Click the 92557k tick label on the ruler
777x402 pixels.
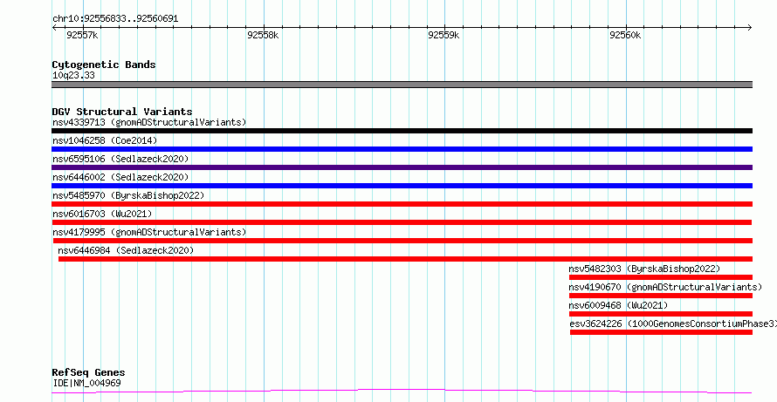(x=82, y=35)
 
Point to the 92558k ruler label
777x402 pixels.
(x=263, y=35)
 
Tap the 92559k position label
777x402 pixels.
(x=444, y=35)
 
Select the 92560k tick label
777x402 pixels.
(x=625, y=35)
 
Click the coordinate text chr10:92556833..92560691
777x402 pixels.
(x=115, y=19)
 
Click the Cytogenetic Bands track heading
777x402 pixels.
(x=104, y=65)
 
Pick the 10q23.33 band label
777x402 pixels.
(x=73, y=76)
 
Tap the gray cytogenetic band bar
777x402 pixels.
(x=402, y=85)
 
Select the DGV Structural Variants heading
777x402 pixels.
(x=122, y=112)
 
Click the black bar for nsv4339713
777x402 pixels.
(x=402, y=131)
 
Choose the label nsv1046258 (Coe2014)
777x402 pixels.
(x=105, y=140)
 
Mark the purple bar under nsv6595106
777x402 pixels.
(x=402, y=167)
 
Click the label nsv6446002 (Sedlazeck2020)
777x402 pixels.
(x=120, y=177)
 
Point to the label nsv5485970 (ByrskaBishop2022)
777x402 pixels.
(x=128, y=195)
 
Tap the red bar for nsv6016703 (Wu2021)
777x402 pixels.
(x=402, y=222)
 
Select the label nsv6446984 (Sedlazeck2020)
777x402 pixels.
(x=126, y=250)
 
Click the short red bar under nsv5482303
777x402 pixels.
(x=661, y=277)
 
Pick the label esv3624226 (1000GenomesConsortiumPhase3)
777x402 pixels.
(x=673, y=324)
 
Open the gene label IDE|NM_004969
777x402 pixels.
(x=86, y=383)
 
